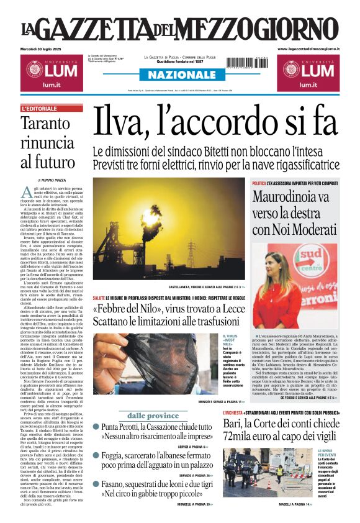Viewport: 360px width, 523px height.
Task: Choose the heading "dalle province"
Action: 153,416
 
